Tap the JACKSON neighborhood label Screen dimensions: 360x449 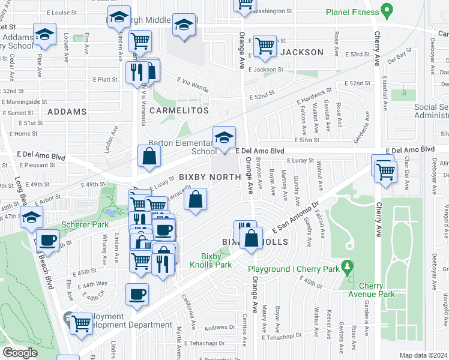(302, 52)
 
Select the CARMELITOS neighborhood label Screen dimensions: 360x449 (179, 110)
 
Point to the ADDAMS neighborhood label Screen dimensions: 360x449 (67, 112)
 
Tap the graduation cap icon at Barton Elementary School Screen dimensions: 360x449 (224, 137)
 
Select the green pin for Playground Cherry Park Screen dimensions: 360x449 (346, 265)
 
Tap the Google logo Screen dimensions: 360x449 (20, 353)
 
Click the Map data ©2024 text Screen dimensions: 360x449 (423, 355)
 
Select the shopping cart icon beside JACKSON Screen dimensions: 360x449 (265, 46)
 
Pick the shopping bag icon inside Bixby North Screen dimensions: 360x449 (196, 200)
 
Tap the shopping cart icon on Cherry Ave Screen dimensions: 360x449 (385, 170)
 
